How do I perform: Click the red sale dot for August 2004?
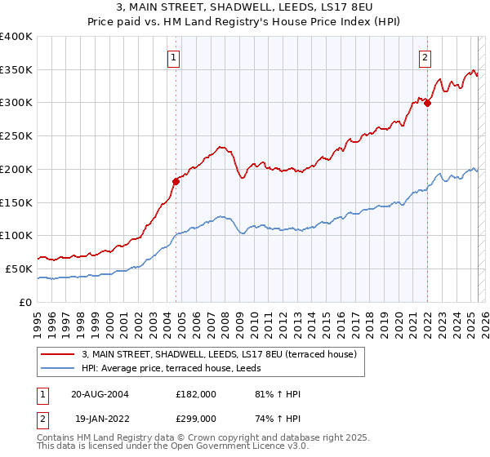[x=176, y=180]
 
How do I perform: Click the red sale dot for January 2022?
[x=427, y=103]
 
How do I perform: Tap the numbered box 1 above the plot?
[x=176, y=57]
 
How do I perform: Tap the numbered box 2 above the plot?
[x=426, y=57]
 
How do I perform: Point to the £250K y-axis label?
[x=16, y=136]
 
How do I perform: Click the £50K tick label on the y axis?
[x=19, y=268]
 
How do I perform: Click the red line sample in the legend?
[x=59, y=354]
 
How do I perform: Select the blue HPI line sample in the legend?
[x=59, y=368]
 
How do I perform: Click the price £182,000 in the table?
[x=196, y=395]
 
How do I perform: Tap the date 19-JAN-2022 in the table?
[x=100, y=418]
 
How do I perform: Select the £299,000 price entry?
[x=196, y=418]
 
